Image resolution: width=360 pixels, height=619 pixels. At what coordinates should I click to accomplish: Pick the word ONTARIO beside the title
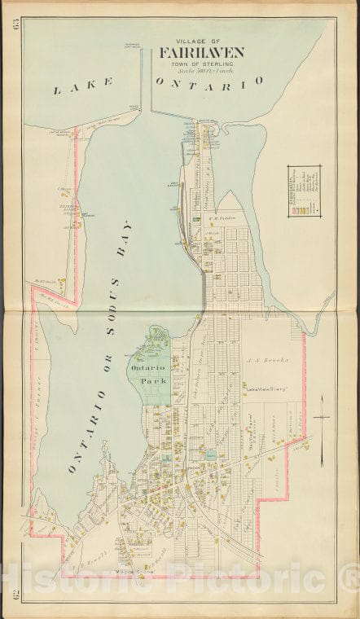(209, 81)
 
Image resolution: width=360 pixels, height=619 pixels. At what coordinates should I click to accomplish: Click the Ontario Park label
(147, 374)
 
